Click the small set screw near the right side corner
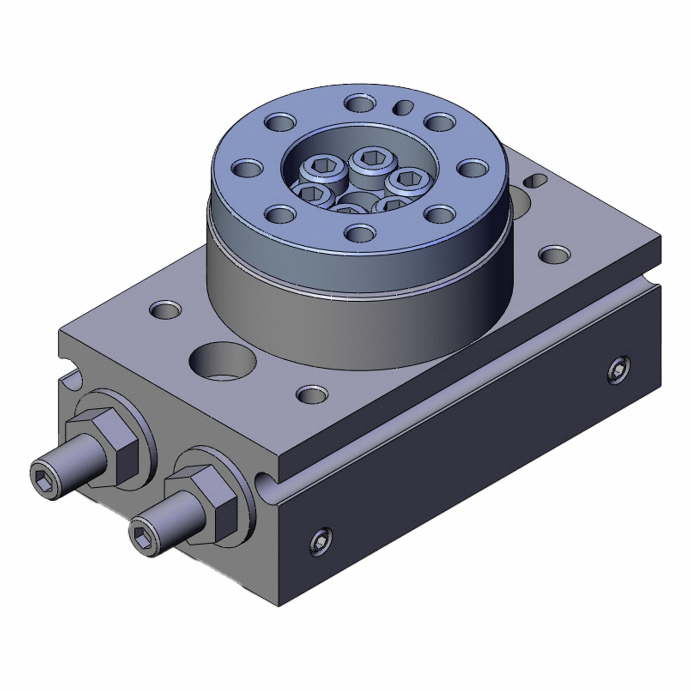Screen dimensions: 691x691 click(x=618, y=373)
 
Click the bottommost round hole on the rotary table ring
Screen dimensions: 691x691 click(x=360, y=233)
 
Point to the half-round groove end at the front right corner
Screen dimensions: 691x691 click(x=265, y=482)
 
